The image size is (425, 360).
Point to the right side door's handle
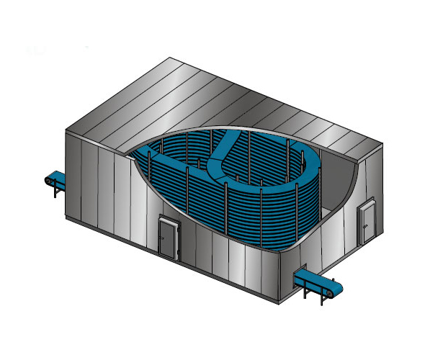[370, 219]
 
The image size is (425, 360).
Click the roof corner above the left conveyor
[66, 130]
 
